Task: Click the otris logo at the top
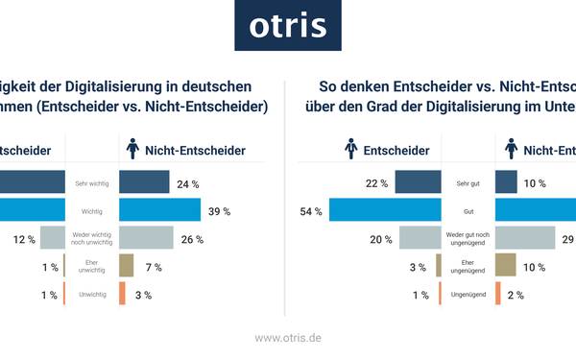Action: tap(287, 26)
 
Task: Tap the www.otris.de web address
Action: tap(287, 338)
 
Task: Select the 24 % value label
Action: tap(187, 183)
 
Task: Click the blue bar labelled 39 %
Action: tap(159, 210)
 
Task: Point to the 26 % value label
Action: tap(192, 238)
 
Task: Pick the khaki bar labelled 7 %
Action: tap(126, 266)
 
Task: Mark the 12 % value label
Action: tap(25, 238)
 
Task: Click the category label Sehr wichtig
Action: tap(91, 183)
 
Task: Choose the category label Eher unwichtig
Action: tap(91, 266)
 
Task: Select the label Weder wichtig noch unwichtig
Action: tap(91, 238)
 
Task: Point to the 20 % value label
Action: tap(381, 238)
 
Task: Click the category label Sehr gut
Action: tap(468, 183)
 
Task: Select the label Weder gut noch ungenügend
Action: tap(468, 238)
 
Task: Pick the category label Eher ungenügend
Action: tap(468, 266)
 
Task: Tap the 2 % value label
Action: tap(515, 294)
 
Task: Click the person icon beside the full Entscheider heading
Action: tap(352, 150)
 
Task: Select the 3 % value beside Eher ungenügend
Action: tap(418, 266)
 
